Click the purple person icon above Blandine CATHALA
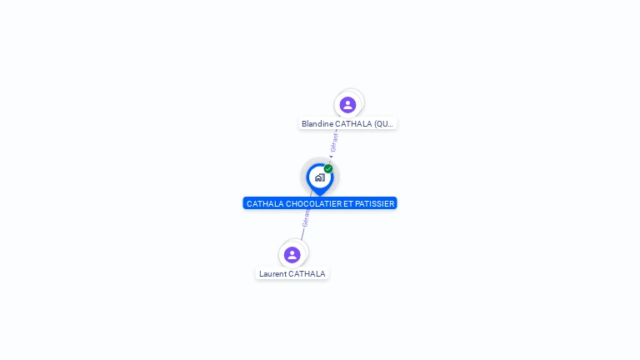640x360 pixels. (347, 105)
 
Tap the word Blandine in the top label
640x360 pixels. (317, 124)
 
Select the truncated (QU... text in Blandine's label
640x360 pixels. (383, 124)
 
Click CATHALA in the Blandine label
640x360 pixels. (353, 124)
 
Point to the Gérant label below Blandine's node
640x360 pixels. (334, 142)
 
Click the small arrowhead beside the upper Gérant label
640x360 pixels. (331, 156)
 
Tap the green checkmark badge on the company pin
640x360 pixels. (328, 169)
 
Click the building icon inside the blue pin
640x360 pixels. (319, 177)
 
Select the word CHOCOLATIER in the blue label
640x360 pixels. (313, 203)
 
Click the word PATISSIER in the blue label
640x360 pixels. (375, 203)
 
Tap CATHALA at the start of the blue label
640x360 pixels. (265, 203)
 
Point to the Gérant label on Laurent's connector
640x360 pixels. (306, 218)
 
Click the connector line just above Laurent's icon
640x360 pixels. (302, 236)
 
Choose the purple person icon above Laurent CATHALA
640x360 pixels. (292, 255)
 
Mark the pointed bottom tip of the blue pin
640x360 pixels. (319, 195)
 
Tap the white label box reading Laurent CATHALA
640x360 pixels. (292, 274)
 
